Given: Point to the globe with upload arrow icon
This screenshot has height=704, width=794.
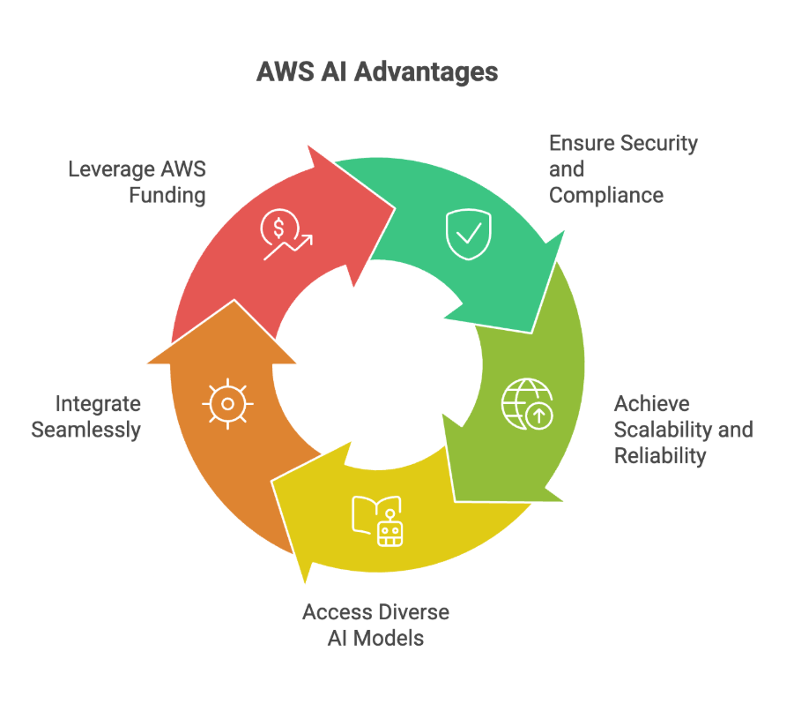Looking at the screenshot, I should pyautogui.click(x=526, y=404).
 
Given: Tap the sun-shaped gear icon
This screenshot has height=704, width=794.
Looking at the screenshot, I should pyautogui.click(x=227, y=404).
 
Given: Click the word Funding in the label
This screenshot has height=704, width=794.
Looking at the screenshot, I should pyautogui.click(x=167, y=195).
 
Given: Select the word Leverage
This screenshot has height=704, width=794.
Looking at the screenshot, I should pyautogui.click(x=109, y=169).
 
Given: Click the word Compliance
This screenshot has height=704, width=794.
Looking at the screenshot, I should pyautogui.click(x=605, y=195).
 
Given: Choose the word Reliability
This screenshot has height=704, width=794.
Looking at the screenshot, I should pyautogui.click(x=660, y=456).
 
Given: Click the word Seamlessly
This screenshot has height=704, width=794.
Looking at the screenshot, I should pyautogui.click(x=85, y=430).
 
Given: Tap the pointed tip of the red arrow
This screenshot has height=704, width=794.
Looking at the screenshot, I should pyautogui.click(x=393, y=209).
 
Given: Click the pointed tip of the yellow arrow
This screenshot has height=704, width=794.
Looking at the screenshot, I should pyautogui.click(x=304, y=582).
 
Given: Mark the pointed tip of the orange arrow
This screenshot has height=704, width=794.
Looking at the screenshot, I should pyautogui.click(x=234, y=301).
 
